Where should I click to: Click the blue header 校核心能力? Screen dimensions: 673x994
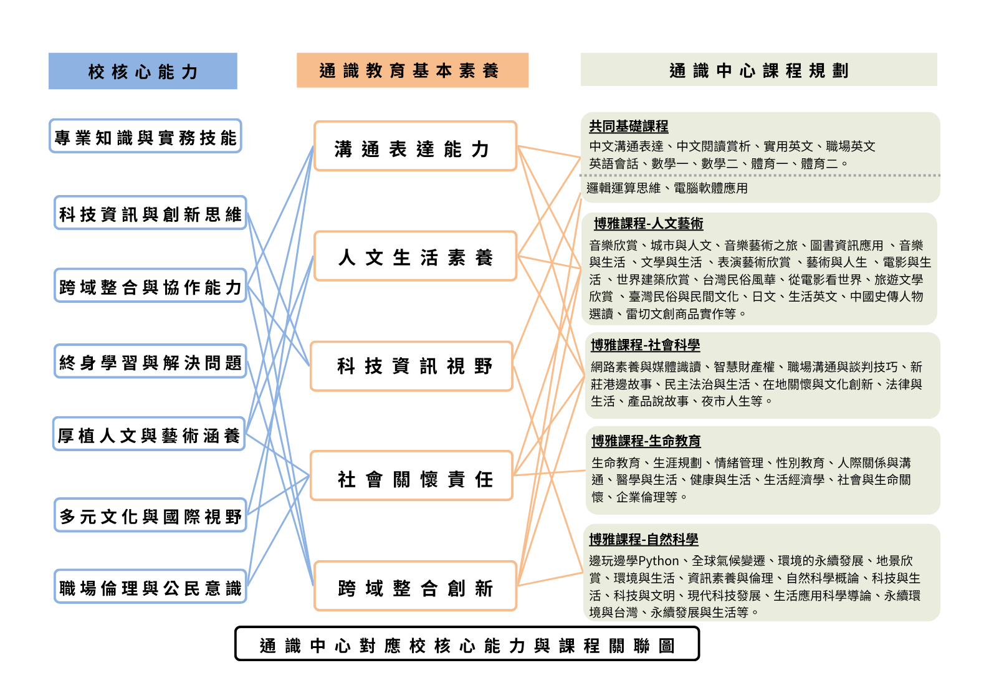[x=143, y=71]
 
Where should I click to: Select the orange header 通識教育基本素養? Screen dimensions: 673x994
[x=412, y=70]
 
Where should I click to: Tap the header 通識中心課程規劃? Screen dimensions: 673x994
[x=758, y=70]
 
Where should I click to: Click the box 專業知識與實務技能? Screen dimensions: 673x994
[x=145, y=136]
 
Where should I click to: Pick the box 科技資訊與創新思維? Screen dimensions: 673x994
[x=150, y=213]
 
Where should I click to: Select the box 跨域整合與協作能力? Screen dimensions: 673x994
[x=150, y=286]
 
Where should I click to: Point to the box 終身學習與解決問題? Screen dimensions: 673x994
[x=150, y=361]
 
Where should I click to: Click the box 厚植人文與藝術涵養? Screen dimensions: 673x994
[x=149, y=434]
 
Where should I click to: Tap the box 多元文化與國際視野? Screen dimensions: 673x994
[x=150, y=515]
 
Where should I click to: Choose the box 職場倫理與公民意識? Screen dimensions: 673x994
[x=150, y=587]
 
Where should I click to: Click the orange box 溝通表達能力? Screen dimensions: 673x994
[x=415, y=147]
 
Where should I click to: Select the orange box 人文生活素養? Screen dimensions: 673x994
[x=415, y=256]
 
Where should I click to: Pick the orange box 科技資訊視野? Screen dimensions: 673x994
[x=411, y=366]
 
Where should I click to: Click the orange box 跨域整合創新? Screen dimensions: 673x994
[x=415, y=586]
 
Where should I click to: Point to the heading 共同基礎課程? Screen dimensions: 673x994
[x=628, y=126]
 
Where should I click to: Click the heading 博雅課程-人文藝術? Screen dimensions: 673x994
[x=648, y=223]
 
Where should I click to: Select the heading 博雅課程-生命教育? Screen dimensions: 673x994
[x=646, y=441]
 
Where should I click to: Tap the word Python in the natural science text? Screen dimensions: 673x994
[x=658, y=561]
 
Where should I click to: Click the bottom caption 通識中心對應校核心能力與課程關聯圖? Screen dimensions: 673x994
[x=467, y=644]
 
